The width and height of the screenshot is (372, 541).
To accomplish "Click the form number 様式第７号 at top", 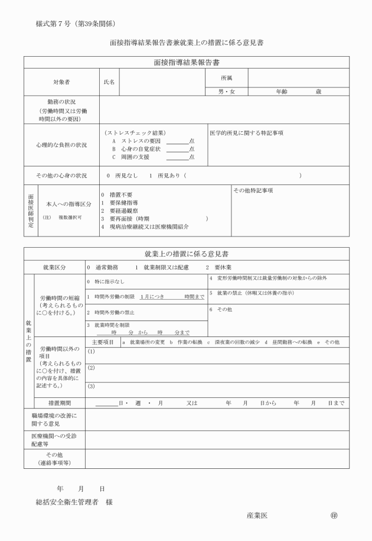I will click(57, 24).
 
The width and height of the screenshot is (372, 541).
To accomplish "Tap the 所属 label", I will click(226, 77).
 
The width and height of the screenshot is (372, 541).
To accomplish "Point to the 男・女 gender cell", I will click(226, 92).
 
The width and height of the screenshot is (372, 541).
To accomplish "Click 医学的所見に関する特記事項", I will click(246, 132).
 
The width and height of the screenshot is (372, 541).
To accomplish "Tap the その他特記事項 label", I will click(253, 190).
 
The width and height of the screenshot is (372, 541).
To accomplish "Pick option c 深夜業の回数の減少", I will click(233, 342).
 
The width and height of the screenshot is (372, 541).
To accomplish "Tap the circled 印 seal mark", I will click(334, 515).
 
